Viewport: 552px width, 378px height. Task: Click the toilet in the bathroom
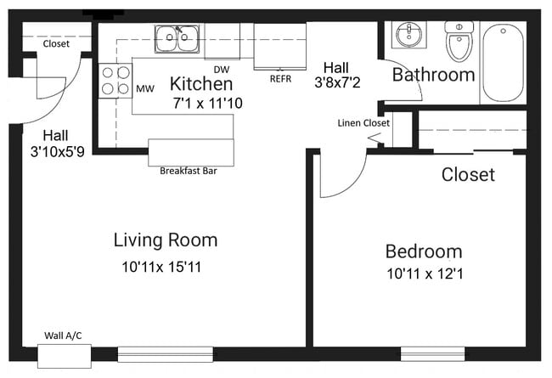pos(459,41)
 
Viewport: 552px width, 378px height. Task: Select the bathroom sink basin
pos(409,34)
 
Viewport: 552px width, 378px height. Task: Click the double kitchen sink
pos(177,37)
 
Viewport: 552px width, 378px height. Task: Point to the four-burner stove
pos(115,81)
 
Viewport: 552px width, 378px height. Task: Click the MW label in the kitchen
pos(145,89)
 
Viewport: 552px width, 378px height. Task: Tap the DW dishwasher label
pos(222,70)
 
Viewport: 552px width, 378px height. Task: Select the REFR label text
pos(280,79)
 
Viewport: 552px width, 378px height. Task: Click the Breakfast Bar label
pos(189,171)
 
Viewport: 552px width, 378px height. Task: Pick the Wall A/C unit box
pos(65,356)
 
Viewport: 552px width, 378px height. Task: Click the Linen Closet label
pos(363,123)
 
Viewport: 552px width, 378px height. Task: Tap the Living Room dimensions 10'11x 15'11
pos(161,267)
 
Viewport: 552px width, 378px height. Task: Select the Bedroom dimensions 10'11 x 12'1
pos(425,274)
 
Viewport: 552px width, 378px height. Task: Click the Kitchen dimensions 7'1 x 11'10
pos(208,104)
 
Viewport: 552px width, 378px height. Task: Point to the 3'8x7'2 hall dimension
pos(337,82)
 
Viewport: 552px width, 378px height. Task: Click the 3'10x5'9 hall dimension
pos(58,151)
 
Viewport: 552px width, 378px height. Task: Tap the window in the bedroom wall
pos(432,353)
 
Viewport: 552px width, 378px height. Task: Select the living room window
pos(165,354)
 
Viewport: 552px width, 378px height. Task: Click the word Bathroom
pos(434,75)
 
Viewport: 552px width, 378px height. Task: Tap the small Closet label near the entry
pos(56,43)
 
